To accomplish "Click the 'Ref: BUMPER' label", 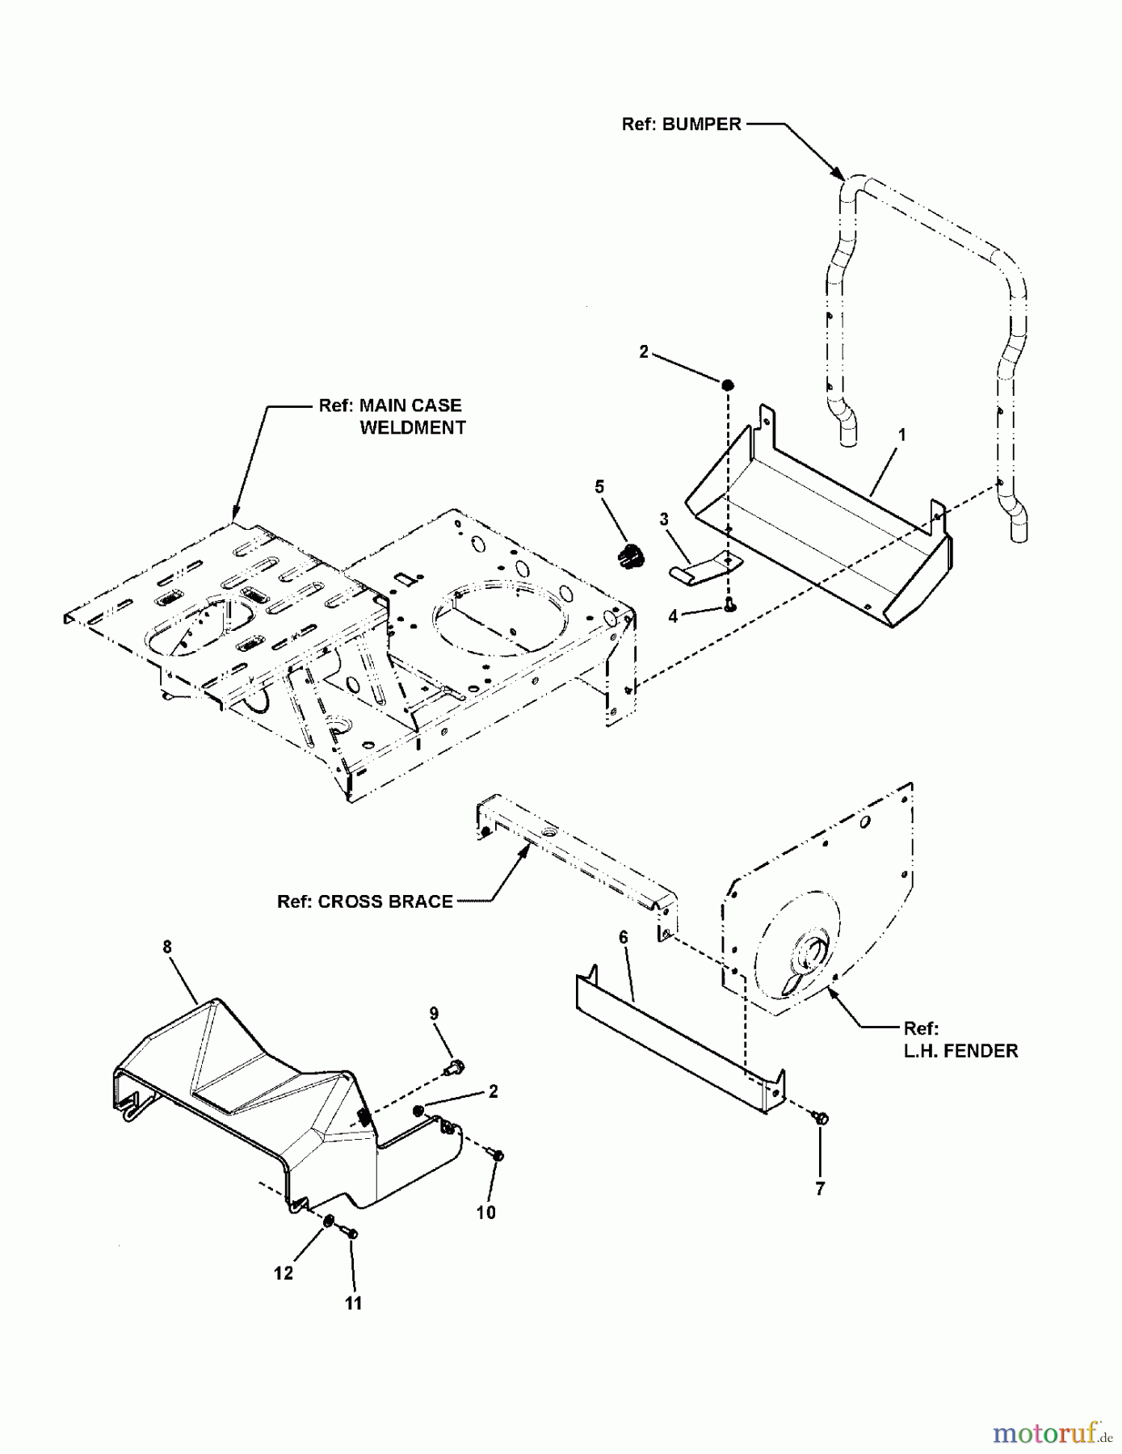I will [681, 124].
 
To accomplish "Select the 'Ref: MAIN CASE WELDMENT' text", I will [392, 417].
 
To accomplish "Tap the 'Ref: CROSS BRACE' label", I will [364, 901].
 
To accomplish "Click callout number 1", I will [901, 435].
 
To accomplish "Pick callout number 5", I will [599, 487].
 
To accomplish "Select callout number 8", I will [167, 947].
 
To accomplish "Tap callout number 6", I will [623, 937].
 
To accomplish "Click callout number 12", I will [283, 1273].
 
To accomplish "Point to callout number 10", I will [485, 1212].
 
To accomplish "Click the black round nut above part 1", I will [727, 385].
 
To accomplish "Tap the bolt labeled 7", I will [822, 1119].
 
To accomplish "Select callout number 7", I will [820, 1189].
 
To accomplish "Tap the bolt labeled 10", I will [497, 1157].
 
